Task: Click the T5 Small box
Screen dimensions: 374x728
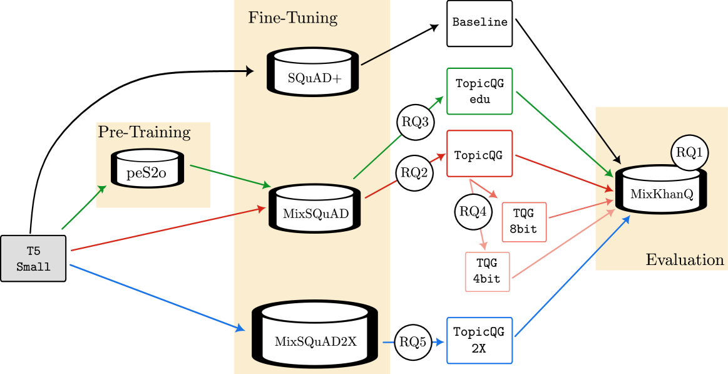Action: pos(33,259)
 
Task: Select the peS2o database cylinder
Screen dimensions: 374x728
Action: pos(147,169)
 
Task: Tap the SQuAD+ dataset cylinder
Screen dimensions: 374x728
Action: pos(314,73)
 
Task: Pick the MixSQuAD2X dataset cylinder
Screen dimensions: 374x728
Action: pos(315,335)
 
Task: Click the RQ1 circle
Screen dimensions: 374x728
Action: pos(690,152)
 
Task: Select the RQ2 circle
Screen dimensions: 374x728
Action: pos(414,172)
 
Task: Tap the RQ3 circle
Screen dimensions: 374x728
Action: pos(415,122)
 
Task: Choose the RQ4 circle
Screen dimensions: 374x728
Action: pos(473,212)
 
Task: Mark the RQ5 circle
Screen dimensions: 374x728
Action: pos(413,342)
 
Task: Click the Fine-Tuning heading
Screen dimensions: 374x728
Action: pos(292,18)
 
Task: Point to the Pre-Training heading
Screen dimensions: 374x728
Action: pos(144,132)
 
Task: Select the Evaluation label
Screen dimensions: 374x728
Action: pos(684,260)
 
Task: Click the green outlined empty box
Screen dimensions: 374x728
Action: pos(479,91)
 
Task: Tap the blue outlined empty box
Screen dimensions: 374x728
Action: pos(479,340)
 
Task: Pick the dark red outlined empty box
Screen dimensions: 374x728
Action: pos(479,153)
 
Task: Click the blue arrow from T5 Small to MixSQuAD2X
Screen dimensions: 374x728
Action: pos(156,298)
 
